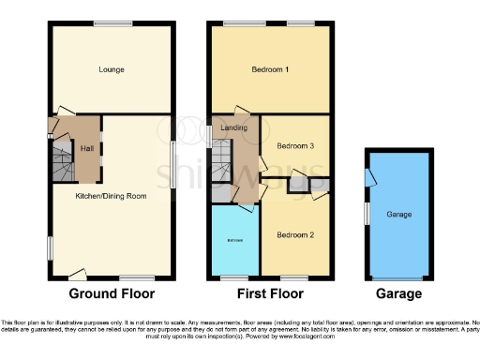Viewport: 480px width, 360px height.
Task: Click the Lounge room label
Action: tap(112, 69)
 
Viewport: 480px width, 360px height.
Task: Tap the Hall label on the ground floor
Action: tap(86, 149)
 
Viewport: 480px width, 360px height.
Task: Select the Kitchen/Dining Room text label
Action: tap(112, 196)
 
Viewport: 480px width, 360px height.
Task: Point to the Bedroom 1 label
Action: tap(270, 70)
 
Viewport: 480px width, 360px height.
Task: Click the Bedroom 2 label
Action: tap(294, 234)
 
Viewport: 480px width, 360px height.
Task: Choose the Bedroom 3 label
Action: tap(293, 145)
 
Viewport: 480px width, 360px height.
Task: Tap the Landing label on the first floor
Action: tap(232, 127)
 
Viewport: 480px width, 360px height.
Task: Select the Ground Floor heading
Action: tap(111, 293)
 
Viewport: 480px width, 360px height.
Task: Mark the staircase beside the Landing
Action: tap(221, 159)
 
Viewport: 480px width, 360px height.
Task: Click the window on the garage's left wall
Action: tap(366, 213)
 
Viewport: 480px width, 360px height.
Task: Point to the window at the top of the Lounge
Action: tap(112, 22)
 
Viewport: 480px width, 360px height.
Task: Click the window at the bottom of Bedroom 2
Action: tap(300, 277)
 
